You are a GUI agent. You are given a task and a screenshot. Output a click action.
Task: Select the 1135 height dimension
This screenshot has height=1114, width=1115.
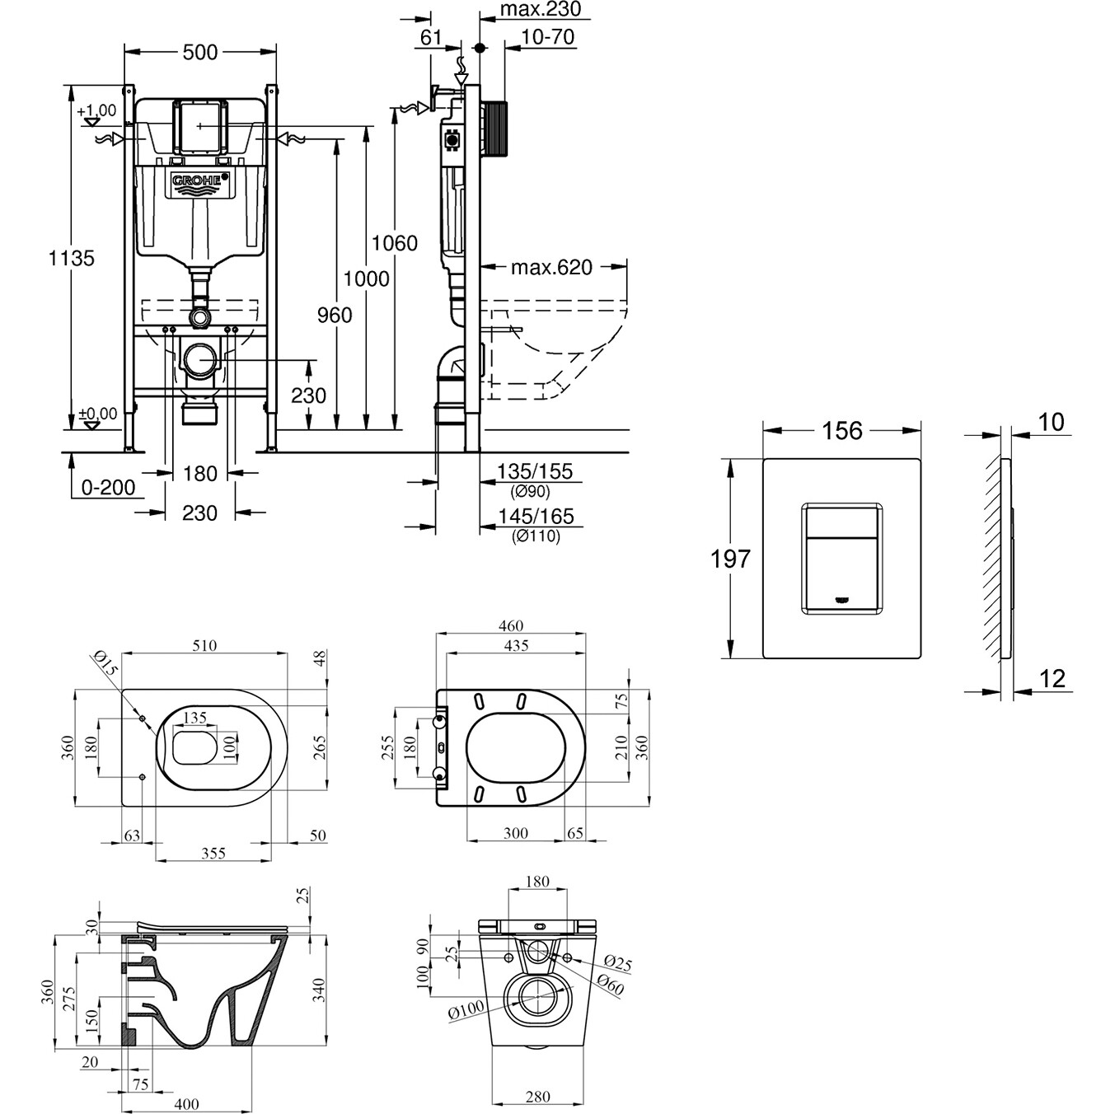(72, 258)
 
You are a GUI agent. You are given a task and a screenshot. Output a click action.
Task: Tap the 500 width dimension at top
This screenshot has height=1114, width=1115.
(200, 52)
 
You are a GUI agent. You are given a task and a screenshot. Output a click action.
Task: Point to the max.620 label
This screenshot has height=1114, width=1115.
(550, 267)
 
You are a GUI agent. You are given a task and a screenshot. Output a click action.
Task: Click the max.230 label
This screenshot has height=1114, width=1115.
(540, 9)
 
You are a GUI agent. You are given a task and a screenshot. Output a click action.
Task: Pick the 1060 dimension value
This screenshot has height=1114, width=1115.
(395, 243)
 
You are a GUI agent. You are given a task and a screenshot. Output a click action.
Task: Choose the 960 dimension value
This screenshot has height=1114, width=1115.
(335, 315)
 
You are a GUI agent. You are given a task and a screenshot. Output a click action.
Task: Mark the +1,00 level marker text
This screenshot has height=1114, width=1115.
(96, 110)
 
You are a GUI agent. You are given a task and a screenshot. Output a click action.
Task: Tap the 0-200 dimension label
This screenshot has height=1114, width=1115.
(108, 487)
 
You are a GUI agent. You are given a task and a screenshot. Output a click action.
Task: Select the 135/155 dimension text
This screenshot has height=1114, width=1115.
(534, 472)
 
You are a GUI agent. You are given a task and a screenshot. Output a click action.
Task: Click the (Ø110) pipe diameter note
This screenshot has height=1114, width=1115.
(535, 536)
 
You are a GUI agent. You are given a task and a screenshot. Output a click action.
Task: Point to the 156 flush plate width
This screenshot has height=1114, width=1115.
(842, 430)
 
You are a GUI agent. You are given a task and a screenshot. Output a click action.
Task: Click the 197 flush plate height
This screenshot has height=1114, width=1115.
(731, 559)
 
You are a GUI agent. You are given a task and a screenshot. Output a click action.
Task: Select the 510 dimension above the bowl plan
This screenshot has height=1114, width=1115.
(204, 646)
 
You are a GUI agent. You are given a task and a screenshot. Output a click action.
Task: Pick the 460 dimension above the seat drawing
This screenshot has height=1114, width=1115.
(511, 626)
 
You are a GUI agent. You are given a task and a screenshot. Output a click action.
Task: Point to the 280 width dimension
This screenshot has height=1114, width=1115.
(537, 1097)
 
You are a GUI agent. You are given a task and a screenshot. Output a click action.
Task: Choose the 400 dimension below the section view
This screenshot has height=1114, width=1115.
(187, 1104)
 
